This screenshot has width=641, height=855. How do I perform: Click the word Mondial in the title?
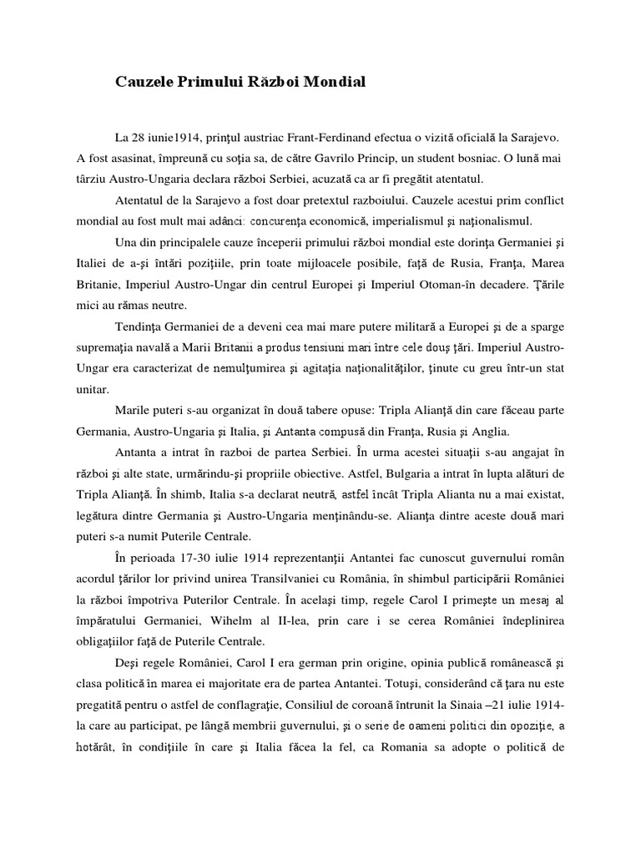click(332, 82)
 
